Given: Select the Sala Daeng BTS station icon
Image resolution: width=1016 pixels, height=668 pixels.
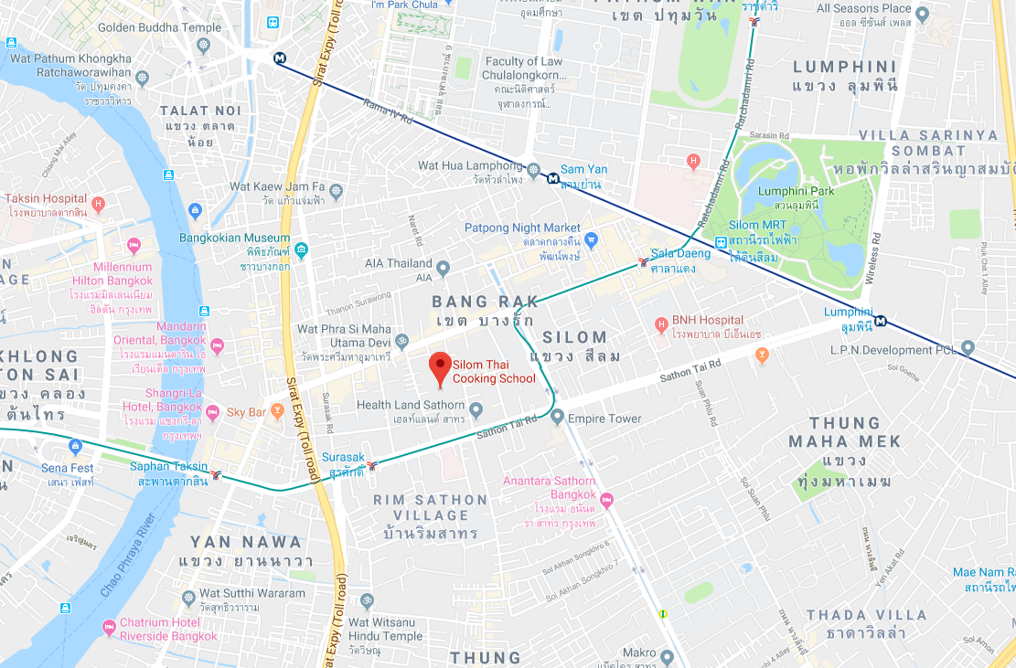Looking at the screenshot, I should [x=644, y=261].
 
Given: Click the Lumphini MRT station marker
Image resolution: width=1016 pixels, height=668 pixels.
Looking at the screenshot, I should [x=880, y=320].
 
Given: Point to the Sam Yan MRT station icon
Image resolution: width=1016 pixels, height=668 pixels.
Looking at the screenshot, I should [x=552, y=179].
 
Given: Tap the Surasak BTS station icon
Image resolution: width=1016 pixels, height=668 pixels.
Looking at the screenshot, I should [x=372, y=466].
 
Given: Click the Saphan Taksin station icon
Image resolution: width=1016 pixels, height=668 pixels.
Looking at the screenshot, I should [x=217, y=474].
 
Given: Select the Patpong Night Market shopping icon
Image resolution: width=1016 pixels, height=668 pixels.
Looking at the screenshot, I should [x=591, y=240].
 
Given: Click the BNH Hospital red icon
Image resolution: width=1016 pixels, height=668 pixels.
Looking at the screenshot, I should [x=661, y=325].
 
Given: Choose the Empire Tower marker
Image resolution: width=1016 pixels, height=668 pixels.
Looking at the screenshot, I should [x=558, y=418].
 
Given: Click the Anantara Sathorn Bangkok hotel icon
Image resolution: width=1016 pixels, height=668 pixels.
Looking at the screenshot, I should [x=606, y=499].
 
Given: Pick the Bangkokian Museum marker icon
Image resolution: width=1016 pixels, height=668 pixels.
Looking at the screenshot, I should [x=301, y=250].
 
